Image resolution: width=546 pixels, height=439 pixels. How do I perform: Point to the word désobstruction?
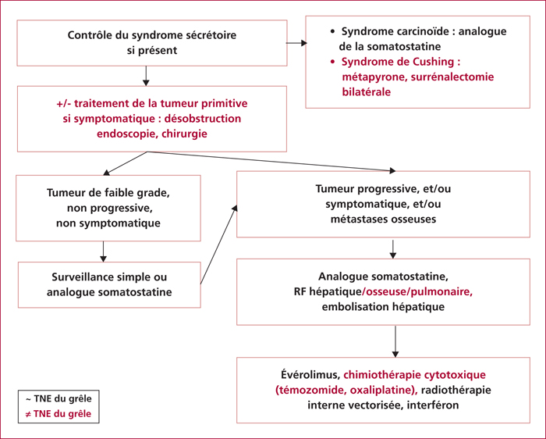203,119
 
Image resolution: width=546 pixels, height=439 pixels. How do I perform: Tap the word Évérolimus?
310,375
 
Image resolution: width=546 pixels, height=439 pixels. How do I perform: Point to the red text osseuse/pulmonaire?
417,292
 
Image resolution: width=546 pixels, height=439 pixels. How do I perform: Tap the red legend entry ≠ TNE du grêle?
58,414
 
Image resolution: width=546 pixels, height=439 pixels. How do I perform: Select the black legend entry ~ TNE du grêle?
58,398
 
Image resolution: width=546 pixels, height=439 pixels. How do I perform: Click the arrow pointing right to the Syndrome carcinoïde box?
296,43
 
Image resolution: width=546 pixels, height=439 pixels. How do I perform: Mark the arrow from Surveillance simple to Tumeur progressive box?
218,244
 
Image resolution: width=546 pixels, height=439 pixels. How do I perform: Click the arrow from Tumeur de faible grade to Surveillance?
103,252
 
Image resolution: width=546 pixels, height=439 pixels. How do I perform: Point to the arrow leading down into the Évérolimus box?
395,341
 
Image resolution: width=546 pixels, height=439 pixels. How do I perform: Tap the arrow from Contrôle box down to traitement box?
146,76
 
